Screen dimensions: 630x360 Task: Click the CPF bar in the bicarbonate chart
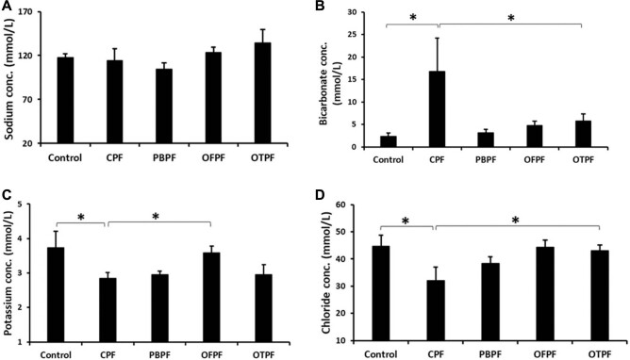[x=437, y=109]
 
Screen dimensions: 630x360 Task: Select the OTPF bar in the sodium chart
[x=263, y=93]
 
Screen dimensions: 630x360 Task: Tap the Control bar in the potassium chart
[x=56, y=295]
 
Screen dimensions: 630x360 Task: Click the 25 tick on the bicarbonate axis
[x=352, y=35]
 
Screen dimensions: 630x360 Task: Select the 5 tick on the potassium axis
[x=28, y=205]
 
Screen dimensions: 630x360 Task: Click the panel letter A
[x=6, y=6]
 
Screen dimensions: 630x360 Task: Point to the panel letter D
[x=321, y=195]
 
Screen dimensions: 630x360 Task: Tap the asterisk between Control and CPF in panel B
[x=413, y=18]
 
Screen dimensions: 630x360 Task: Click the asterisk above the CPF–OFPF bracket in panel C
[x=156, y=217]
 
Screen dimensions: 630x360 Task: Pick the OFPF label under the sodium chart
[x=213, y=157]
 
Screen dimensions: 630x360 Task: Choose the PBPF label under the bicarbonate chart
[x=486, y=160]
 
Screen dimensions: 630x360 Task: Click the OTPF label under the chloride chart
[x=600, y=354]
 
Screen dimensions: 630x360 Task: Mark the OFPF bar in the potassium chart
[x=211, y=298]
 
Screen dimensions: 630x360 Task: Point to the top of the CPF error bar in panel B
[x=437, y=38]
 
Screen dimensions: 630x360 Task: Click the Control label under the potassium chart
[x=56, y=355]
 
